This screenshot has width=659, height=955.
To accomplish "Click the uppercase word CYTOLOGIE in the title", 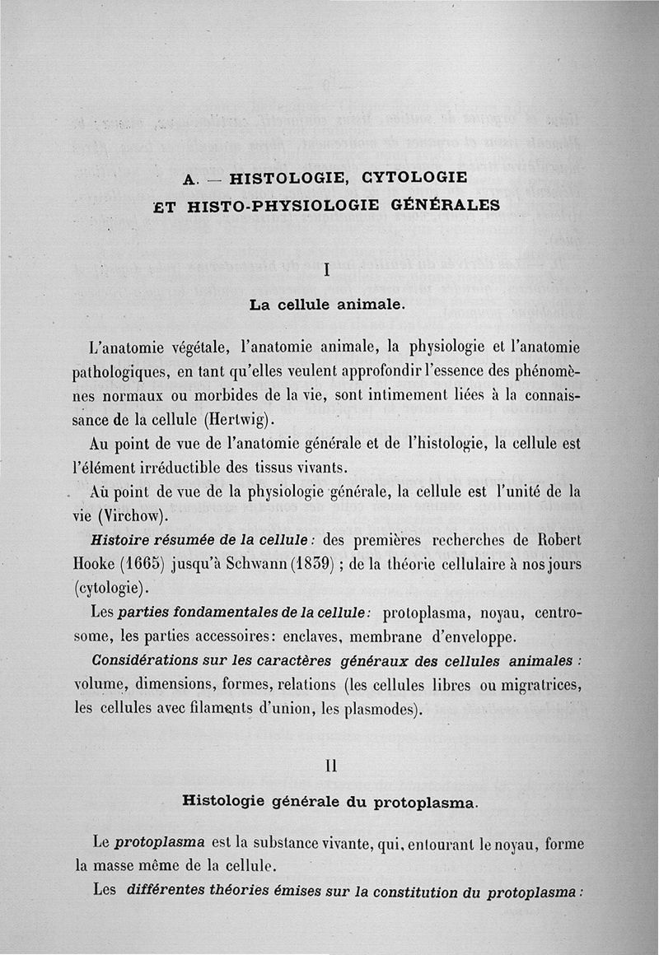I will [x=404, y=177].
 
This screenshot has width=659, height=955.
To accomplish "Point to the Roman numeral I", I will [x=328, y=268].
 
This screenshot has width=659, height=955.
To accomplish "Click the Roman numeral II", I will [x=331, y=765].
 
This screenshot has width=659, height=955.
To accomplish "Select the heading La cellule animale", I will [x=327, y=305].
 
